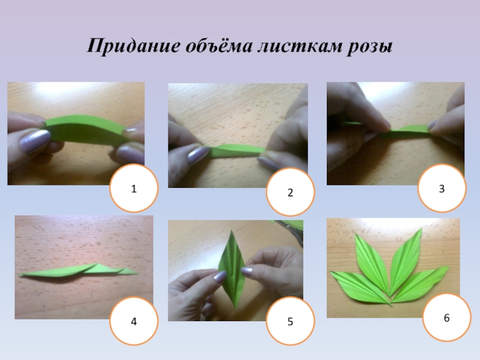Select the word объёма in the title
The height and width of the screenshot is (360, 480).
point(219,46)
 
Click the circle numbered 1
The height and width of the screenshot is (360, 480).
point(134,188)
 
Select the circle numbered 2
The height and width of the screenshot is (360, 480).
point(290,191)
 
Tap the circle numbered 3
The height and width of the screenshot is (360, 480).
point(442,188)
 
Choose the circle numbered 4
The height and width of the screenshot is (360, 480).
point(134,321)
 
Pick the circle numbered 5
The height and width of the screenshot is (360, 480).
point(290,321)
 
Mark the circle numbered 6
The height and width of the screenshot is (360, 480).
point(446,317)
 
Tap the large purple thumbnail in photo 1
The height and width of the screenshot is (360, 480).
point(35,142)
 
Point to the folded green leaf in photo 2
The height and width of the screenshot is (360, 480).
point(236,151)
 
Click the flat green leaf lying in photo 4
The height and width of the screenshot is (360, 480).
point(78,271)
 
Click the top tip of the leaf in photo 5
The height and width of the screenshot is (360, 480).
point(232,230)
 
